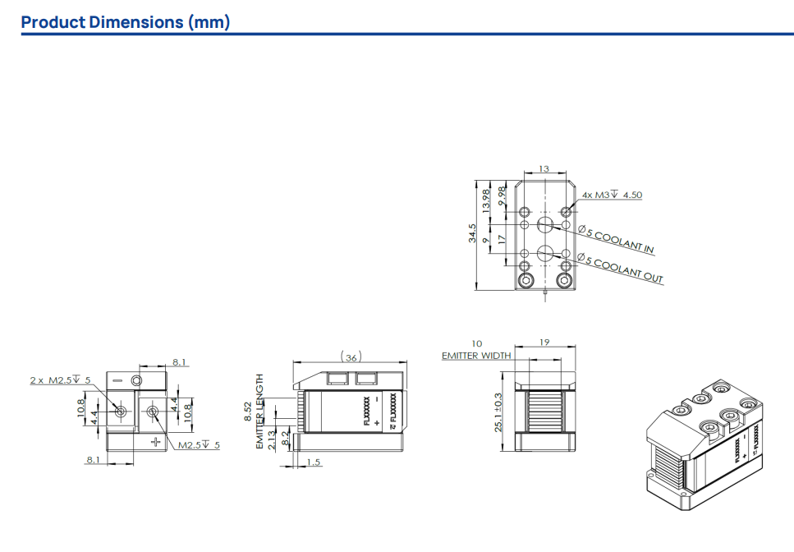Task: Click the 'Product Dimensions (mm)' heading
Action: tap(125, 22)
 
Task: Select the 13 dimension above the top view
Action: tap(544, 169)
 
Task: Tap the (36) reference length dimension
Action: tap(351, 357)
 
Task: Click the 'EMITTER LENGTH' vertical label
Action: tap(260, 411)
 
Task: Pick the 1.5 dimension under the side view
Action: tap(314, 463)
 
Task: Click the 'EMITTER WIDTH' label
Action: tap(476, 356)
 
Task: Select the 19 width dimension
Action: tap(544, 343)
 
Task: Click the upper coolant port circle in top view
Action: tap(544, 225)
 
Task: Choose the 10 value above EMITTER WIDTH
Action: tap(476, 343)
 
